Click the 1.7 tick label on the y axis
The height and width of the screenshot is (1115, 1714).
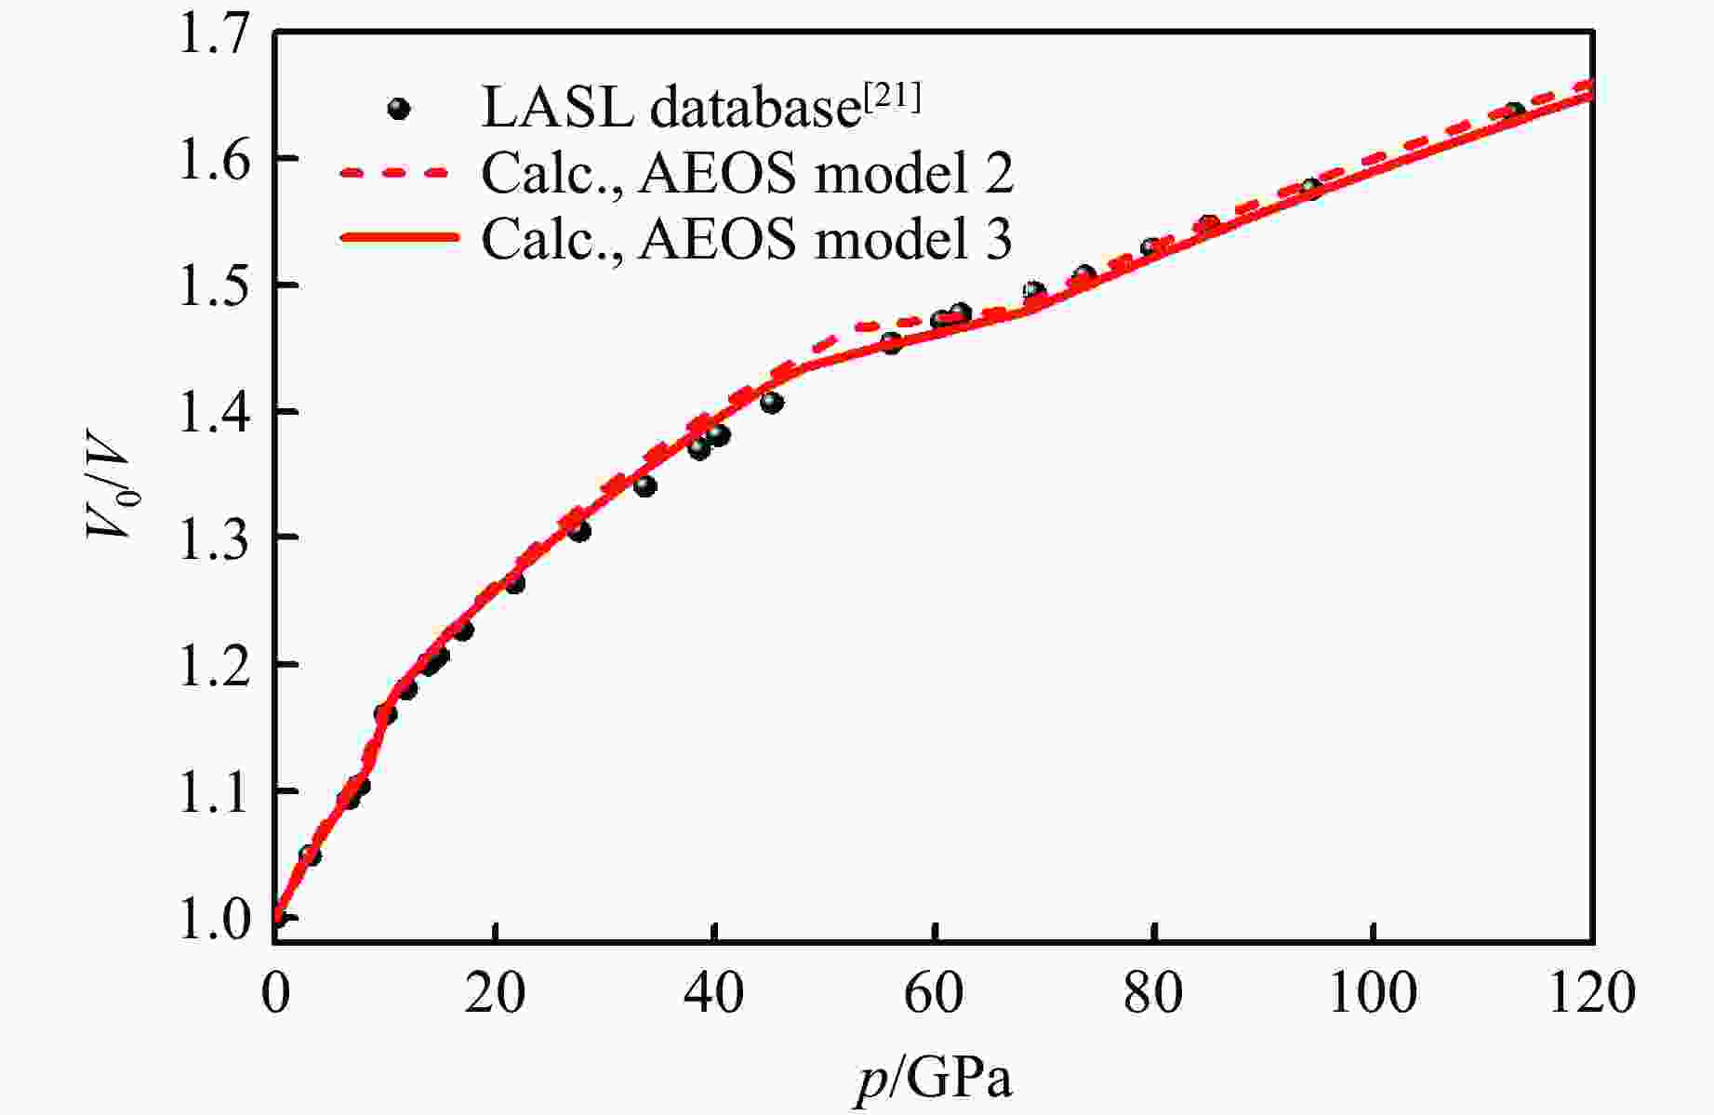pos(216,33)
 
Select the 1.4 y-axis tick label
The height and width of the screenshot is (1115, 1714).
pos(216,412)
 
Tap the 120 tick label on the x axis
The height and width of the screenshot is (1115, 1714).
pos(1592,993)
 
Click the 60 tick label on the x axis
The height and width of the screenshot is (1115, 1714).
pos(934,993)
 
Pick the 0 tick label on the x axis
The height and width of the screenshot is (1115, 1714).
pos(275,993)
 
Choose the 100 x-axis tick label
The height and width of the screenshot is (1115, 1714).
pos(1373,993)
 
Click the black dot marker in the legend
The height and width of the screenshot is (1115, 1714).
pos(399,109)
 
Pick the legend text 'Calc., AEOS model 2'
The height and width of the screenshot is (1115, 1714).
pos(747,172)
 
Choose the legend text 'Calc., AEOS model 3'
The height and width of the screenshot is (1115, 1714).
pos(747,238)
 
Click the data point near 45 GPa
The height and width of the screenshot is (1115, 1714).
pos(772,403)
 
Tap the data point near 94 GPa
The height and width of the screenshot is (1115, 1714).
pos(1311,189)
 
